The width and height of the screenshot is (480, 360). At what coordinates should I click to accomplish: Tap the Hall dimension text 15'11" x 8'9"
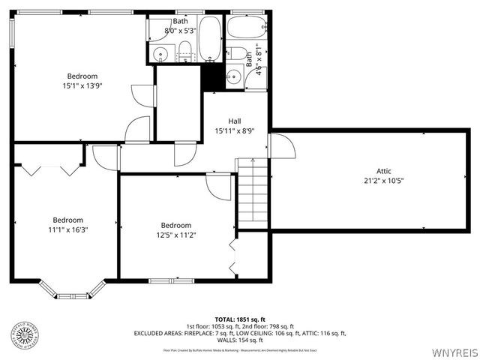[x=235, y=130]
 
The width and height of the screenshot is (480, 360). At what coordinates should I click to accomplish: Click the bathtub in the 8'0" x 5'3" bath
[x=209, y=38]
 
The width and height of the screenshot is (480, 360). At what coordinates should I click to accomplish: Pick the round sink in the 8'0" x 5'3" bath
[x=160, y=54]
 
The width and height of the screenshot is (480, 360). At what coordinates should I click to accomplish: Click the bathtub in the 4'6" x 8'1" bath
[x=247, y=28]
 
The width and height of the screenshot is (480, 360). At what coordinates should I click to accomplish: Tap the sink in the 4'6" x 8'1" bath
[x=234, y=76]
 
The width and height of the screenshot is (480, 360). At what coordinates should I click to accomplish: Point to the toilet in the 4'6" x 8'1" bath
[x=237, y=53]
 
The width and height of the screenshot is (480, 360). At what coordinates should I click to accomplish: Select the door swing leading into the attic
[x=280, y=147]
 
